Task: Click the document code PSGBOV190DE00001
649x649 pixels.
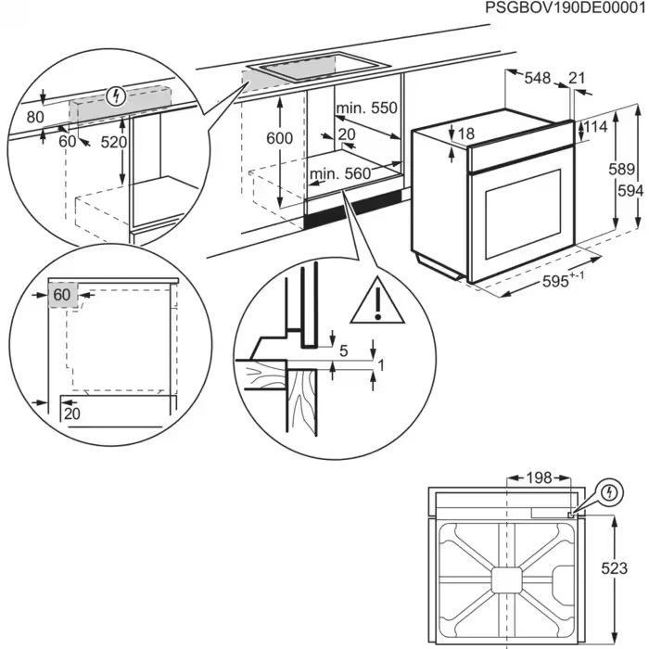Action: click(566, 8)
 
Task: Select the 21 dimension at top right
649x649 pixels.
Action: click(578, 80)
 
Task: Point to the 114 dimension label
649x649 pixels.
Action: click(597, 127)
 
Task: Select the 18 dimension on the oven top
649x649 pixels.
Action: click(465, 134)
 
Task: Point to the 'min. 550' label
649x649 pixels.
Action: click(365, 108)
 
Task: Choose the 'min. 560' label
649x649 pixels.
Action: click(339, 173)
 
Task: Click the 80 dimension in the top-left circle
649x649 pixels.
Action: click(35, 118)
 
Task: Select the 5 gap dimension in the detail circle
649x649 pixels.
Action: click(344, 351)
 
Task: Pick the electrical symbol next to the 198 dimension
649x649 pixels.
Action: click(608, 491)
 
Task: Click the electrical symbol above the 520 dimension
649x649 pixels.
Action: click(115, 95)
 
